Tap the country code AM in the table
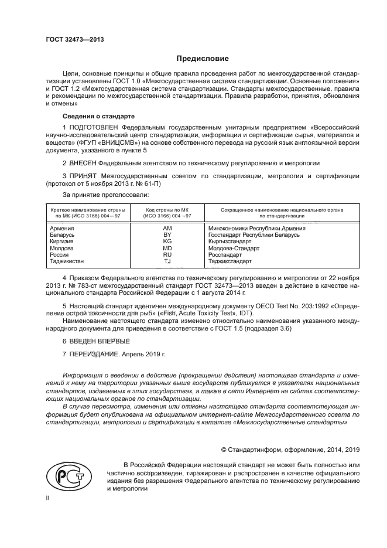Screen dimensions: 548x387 point(167,228)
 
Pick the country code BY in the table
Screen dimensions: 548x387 point(167,234)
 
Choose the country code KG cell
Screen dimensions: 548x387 point(167,241)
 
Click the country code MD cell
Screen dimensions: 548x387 point(167,248)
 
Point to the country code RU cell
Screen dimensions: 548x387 point(167,255)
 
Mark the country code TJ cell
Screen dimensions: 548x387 point(167,261)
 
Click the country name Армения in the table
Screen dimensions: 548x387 point(62,228)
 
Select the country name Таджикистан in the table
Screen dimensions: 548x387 point(67,261)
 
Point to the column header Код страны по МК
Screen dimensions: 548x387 point(167,210)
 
